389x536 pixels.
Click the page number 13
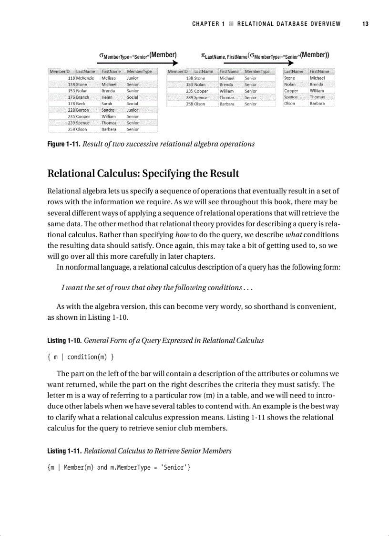pyautogui.click(x=365, y=24)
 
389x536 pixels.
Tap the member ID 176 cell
pyautogui.click(x=72, y=97)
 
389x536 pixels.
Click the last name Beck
pyautogui.click(x=81, y=104)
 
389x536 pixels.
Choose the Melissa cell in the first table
pyautogui.click(x=109, y=78)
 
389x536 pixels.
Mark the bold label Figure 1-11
pyautogui.click(x=63, y=144)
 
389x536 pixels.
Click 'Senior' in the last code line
pyautogui.click(x=175, y=467)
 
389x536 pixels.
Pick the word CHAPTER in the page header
pyautogui.click(x=206, y=24)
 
